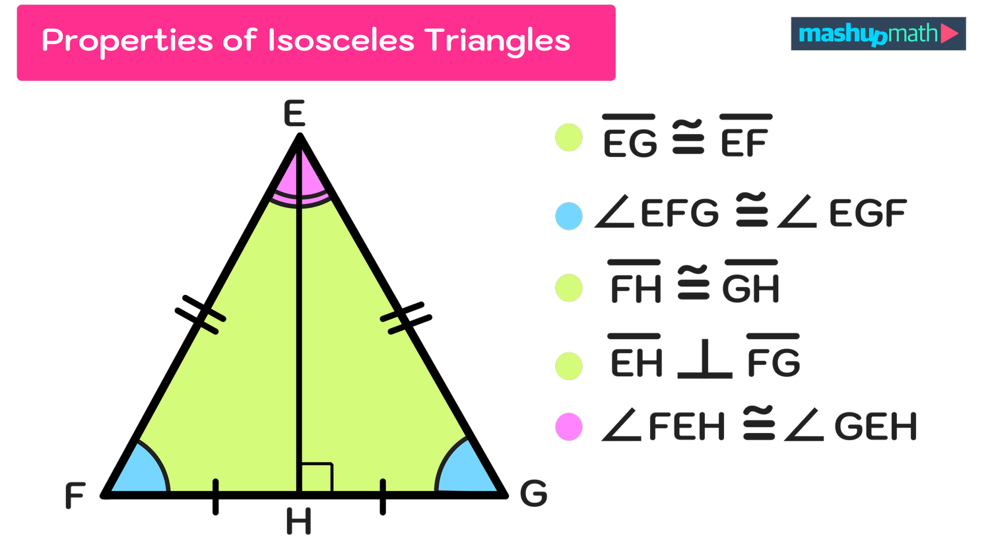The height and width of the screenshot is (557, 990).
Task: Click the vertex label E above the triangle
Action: point(294,114)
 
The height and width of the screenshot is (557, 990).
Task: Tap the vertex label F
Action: point(75,495)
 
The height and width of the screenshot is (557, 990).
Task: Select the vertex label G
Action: point(533,494)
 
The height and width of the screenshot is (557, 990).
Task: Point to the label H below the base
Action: point(298,521)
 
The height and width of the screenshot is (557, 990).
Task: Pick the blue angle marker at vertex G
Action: point(464,471)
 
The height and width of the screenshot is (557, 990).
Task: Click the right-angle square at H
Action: point(317,477)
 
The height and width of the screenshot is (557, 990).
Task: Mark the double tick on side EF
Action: point(213,322)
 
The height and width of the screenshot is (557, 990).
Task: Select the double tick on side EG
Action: point(392,322)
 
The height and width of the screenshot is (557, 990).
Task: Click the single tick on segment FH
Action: point(216,485)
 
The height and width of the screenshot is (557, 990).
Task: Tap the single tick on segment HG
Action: point(383,485)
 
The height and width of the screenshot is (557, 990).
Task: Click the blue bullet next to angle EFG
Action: point(569,216)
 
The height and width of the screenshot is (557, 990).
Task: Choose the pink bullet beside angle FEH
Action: point(569,426)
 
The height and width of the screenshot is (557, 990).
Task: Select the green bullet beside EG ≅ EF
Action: point(569,138)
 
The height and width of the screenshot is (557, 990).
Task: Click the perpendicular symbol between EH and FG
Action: point(705,360)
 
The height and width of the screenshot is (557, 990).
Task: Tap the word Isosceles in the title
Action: point(341,41)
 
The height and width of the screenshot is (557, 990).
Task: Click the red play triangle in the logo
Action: point(949,33)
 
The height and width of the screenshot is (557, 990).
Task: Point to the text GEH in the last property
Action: point(875,427)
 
